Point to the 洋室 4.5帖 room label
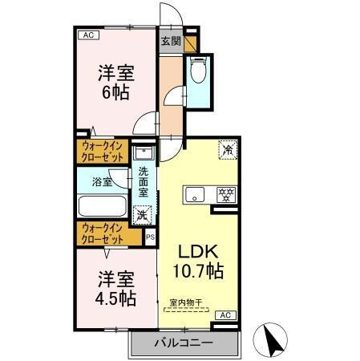(x=116, y=290)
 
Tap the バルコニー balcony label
(x=183, y=343)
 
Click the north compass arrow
(x=271, y=340)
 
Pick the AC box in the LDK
(x=225, y=314)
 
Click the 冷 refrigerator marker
(x=227, y=148)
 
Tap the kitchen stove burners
(x=226, y=194)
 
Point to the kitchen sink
(x=195, y=195)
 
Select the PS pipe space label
(x=150, y=237)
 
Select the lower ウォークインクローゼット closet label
(x=102, y=234)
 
